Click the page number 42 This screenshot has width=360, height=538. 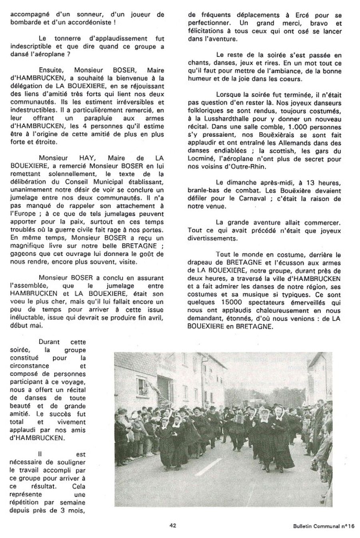(x=173, y=526)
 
